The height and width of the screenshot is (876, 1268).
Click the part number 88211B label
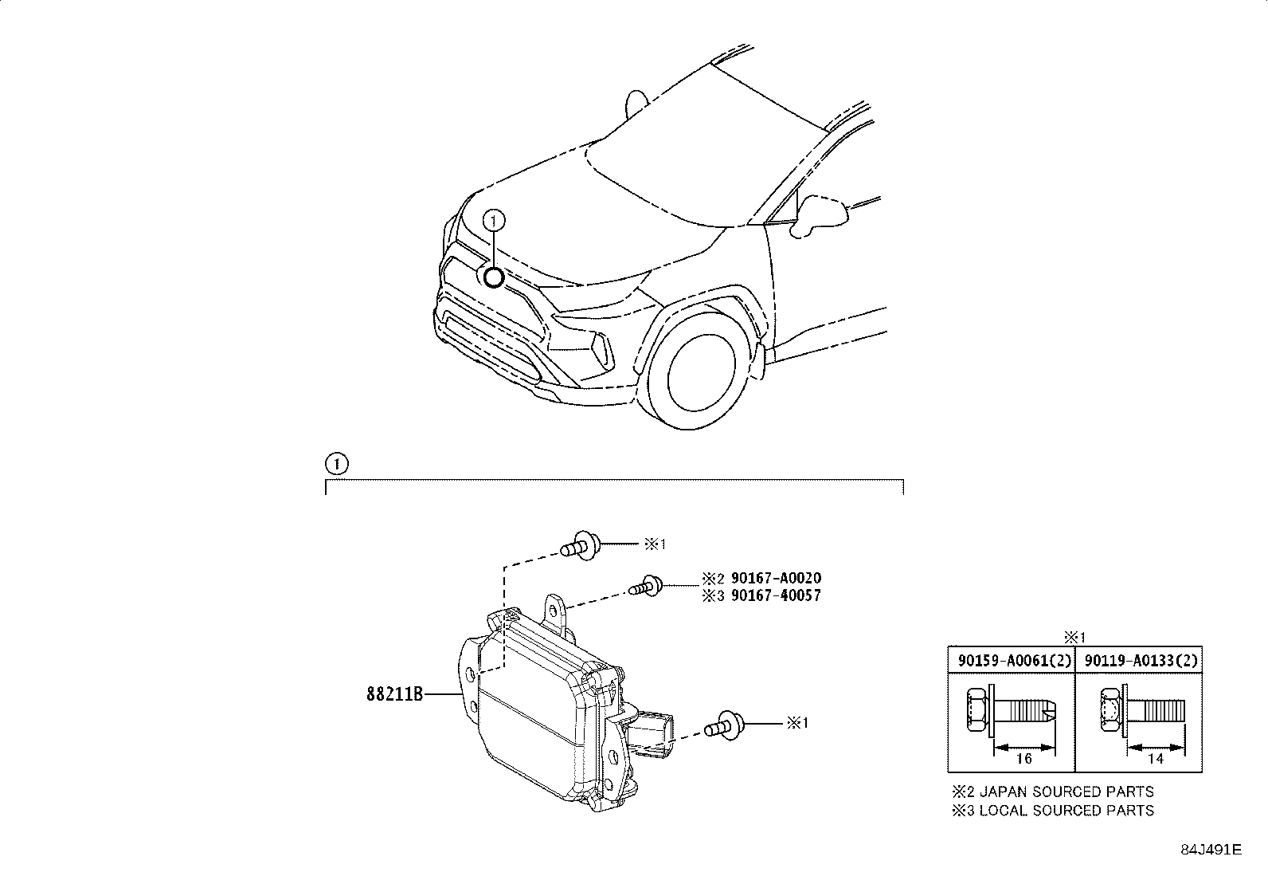tap(393, 694)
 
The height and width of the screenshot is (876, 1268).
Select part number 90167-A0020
tap(776, 579)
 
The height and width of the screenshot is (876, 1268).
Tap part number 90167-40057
tap(776, 595)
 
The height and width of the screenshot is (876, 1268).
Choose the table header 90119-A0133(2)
tap(1138, 661)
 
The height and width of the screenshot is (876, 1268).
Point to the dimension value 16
tap(1024, 759)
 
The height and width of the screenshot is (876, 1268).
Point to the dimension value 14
tap(1155, 759)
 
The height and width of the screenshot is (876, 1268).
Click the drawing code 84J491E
tap(1211, 850)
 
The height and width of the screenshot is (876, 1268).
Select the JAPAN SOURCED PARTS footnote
tap(1053, 792)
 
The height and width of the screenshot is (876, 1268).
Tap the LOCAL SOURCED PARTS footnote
tap(1053, 811)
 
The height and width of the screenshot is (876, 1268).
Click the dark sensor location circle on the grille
tap(494, 277)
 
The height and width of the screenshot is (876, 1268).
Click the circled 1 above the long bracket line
tap(336, 463)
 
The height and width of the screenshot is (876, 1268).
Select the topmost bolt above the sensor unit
tap(581, 547)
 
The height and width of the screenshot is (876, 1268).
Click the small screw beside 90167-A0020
tap(647, 588)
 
